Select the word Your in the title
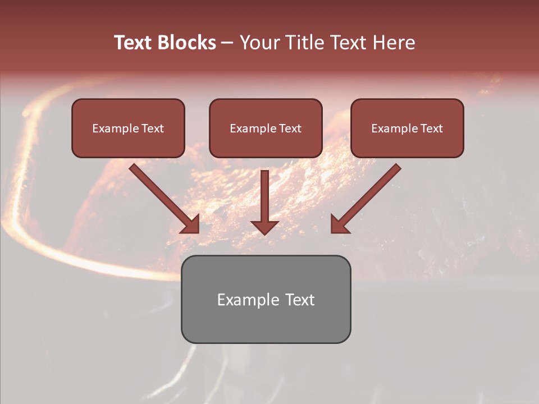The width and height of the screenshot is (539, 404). click(258, 43)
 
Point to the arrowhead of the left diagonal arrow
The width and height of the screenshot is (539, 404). click(191, 224)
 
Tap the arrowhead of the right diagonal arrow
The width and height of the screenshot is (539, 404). click(339, 224)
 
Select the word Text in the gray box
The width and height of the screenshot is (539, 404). click(300, 300)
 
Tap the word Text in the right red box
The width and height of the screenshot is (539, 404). click(431, 128)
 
